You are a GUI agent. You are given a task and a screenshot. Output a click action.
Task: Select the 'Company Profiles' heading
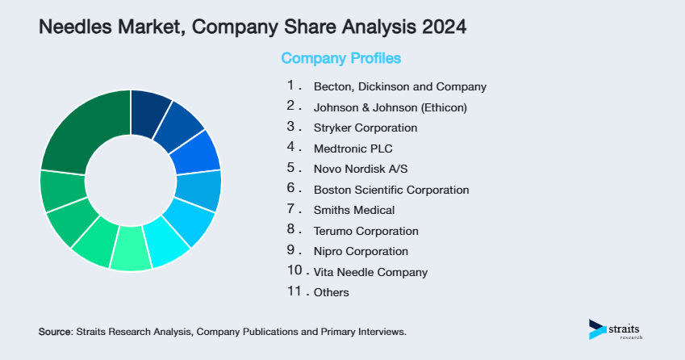tap(340, 58)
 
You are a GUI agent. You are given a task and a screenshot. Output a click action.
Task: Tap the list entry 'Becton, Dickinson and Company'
tap(399, 86)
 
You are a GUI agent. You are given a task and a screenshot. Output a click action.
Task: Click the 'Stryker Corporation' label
tap(365, 128)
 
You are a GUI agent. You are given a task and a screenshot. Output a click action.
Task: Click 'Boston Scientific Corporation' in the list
tap(391, 190)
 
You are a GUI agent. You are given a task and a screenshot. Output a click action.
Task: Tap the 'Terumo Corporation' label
tap(365, 231)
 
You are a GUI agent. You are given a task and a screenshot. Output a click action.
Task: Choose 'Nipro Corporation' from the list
tap(361, 251)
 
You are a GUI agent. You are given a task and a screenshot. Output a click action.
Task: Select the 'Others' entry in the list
tap(332, 292)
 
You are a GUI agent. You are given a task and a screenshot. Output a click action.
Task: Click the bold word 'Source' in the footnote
tap(55, 332)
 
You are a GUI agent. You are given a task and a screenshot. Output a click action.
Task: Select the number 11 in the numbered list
tap(294, 291)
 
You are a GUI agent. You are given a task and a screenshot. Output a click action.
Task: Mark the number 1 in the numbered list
tap(290, 85)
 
